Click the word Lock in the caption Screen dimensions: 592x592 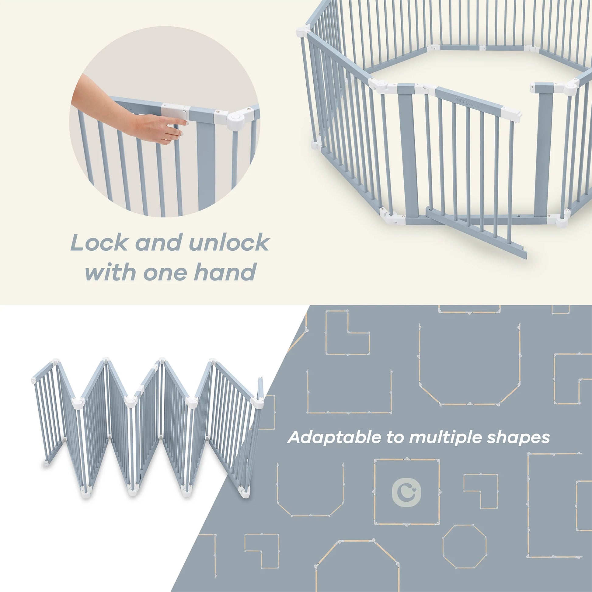[x=99, y=243]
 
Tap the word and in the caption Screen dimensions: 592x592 [x=158, y=243]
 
